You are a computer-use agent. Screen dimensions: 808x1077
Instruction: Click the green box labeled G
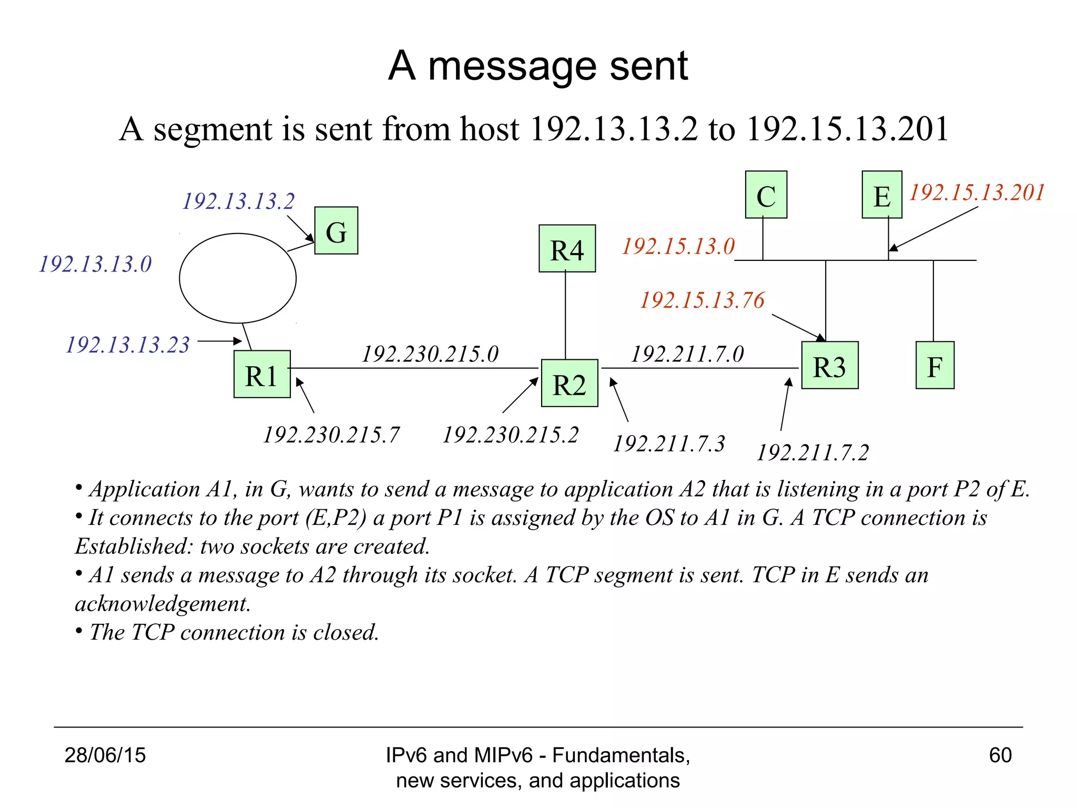click(x=336, y=230)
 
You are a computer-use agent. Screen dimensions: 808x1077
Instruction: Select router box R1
click(x=262, y=374)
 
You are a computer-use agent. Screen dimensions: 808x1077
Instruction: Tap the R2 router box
click(x=570, y=383)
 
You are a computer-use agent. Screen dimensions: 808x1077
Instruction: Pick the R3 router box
click(x=830, y=365)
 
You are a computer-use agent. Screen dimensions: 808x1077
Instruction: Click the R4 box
click(x=567, y=248)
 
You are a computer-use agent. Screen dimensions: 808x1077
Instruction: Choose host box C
click(x=766, y=195)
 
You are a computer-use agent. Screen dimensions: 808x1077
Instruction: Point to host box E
click(x=882, y=195)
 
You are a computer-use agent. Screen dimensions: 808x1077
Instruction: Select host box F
click(x=934, y=365)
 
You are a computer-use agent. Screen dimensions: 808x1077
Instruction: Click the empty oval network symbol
click(x=238, y=278)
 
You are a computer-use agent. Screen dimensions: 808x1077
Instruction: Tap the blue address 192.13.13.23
click(x=127, y=345)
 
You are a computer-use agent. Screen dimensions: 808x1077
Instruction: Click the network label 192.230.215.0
click(x=430, y=354)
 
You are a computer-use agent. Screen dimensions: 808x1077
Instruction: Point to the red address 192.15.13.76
click(x=702, y=300)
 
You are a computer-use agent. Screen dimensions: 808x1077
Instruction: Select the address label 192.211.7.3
click(x=669, y=443)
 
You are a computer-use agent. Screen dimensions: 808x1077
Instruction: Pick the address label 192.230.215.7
click(x=331, y=435)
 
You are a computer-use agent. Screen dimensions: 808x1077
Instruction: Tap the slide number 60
click(x=1000, y=755)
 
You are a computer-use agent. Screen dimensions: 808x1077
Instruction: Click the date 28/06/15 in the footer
click(x=105, y=755)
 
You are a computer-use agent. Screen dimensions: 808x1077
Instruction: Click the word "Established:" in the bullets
click(x=134, y=546)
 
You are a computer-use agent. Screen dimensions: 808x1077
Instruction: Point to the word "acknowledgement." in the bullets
click(x=162, y=603)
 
